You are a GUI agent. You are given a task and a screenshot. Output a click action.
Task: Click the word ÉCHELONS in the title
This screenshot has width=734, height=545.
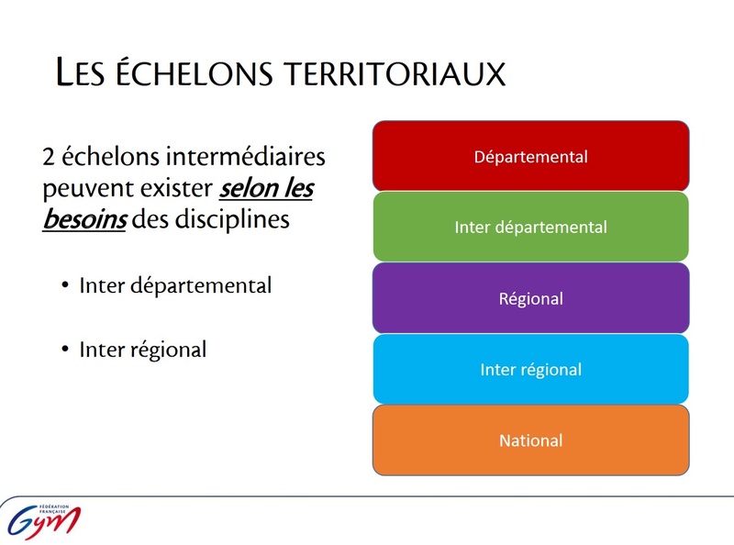pyautogui.click(x=194, y=72)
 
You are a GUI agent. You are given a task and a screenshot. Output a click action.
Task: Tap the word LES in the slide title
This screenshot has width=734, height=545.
pyautogui.click(x=80, y=72)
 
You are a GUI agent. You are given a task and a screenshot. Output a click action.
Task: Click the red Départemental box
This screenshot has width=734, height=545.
pyautogui.click(x=531, y=156)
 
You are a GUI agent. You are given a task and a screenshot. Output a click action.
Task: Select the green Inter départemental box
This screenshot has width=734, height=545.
pyautogui.click(x=531, y=227)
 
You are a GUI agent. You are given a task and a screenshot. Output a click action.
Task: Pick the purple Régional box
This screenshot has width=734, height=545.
pyautogui.click(x=531, y=298)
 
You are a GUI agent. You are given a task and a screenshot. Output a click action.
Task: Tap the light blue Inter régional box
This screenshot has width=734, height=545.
pyautogui.click(x=531, y=369)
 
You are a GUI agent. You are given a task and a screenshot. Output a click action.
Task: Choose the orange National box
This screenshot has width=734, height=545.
pyautogui.click(x=531, y=440)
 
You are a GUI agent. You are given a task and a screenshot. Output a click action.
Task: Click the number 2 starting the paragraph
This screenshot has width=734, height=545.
pyautogui.click(x=49, y=156)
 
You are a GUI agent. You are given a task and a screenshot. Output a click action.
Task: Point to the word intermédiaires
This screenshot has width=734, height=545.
pyautogui.click(x=245, y=156)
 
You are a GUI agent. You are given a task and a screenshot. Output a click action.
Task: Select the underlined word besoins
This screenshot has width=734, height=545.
pyautogui.click(x=84, y=218)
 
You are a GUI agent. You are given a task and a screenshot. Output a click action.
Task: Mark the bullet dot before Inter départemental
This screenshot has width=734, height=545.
pyautogui.click(x=65, y=284)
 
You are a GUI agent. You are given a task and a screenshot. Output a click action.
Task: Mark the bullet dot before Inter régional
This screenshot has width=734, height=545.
pyautogui.click(x=65, y=349)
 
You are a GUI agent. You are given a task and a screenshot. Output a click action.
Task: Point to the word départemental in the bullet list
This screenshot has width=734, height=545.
pyautogui.click(x=201, y=285)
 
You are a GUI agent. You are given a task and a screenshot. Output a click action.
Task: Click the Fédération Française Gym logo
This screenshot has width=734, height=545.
pyautogui.click(x=43, y=519)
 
